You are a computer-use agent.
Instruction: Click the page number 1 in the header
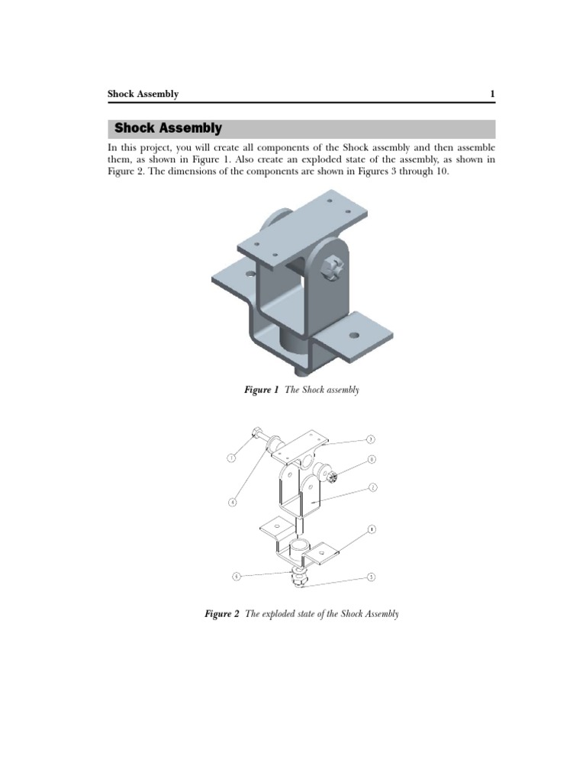(x=492, y=95)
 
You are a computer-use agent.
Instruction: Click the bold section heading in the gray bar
(x=168, y=129)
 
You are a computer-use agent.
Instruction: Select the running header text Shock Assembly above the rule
(x=143, y=95)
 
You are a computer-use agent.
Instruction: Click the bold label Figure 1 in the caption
(x=262, y=390)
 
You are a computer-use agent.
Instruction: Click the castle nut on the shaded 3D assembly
(x=333, y=268)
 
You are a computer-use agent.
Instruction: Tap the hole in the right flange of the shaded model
(x=354, y=335)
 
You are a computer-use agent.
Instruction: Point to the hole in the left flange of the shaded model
(x=250, y=272)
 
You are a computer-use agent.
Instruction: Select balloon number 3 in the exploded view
(x=370, y=439)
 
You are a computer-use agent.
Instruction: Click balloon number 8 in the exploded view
(x=372, y=460)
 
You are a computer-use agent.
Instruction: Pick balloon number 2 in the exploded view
(x=372, y=487)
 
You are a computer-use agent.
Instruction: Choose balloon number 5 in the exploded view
(x=371, y=577)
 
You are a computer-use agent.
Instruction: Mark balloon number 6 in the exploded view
(x=236, y=577)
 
